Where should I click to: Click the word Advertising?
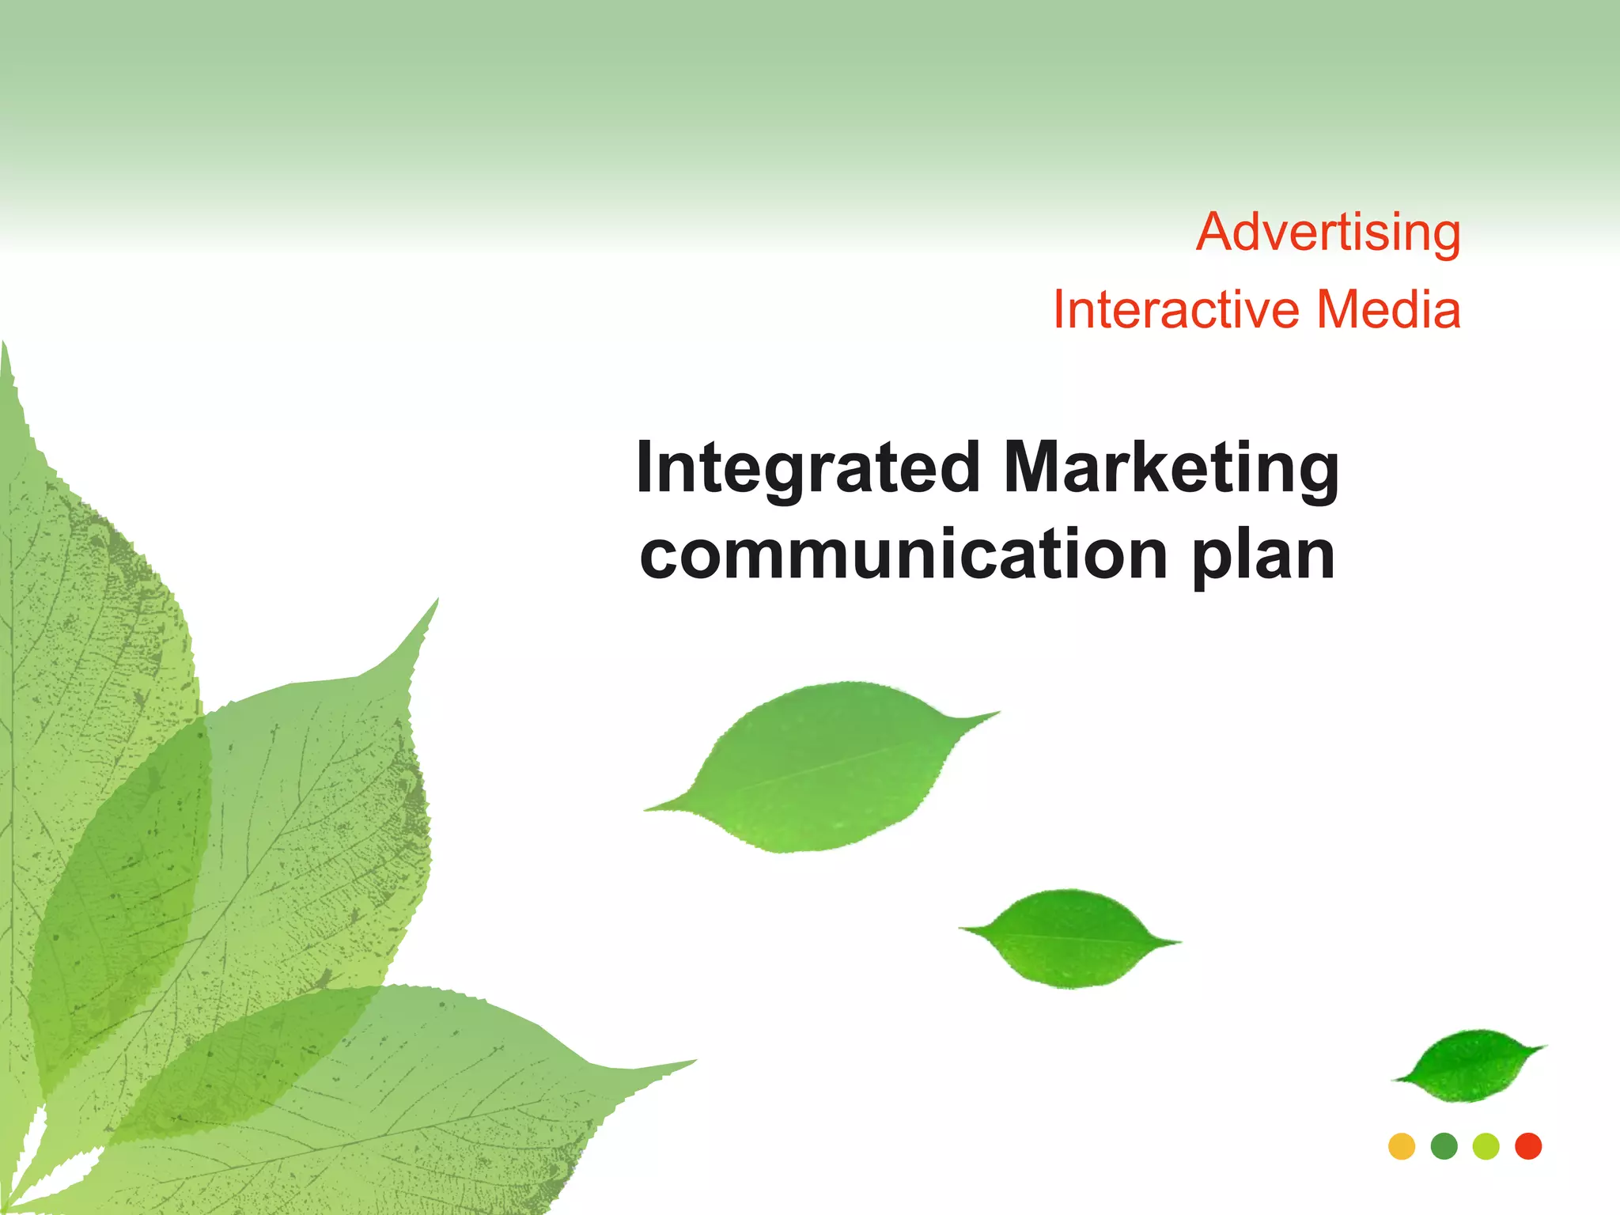click(1328, 233)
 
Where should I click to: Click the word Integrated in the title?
click(808, 468)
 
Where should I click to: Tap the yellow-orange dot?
click(1402, 1146)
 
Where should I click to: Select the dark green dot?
click(1444, 1146)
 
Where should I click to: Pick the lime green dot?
click(1486, 1146)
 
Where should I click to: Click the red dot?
click(1528, 1146)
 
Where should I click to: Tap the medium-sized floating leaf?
click(1069, 938)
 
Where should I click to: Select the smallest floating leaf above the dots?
click(1468, 1065)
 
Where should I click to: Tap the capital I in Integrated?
click(645, 468)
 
